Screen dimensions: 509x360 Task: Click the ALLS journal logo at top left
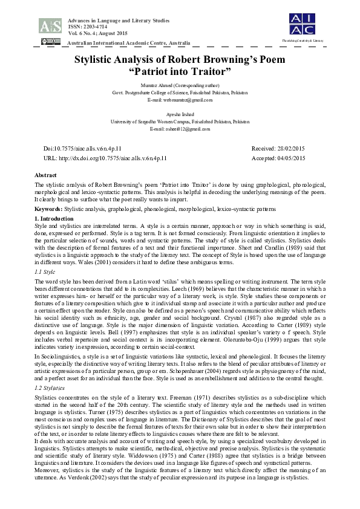coord(50,25)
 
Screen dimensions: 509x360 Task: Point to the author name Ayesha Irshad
coord(180,114)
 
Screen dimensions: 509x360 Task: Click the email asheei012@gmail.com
coord(180,129)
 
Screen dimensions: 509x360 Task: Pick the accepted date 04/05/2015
coord(290,158)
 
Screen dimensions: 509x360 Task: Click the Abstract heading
coord(46,175)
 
